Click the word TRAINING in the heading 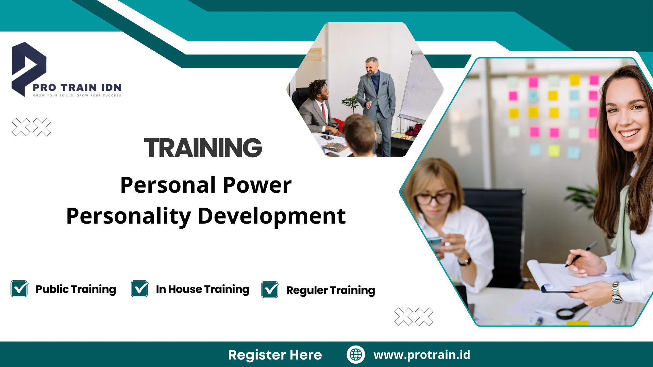point(203,148)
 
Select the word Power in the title point(257,185)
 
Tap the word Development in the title point(272,216)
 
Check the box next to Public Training point(19,289)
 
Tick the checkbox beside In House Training point(140,289)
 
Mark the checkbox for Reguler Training point(270,290)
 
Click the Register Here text point(275,355)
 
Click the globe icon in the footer point(356,354)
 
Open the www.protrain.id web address point(422,355)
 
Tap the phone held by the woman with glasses point(436,243)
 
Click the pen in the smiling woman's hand point(581,254)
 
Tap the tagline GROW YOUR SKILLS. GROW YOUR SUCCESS point(77,95)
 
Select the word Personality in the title point(129,217)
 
